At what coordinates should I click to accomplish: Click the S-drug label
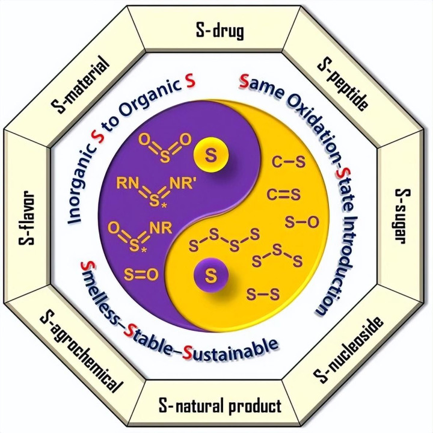pyautogui.click(x=220, y=31)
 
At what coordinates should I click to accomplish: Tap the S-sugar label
pyautogui.click(x=402, y=216)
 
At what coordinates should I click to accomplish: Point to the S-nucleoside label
pyautogui.click(x=348, y=350)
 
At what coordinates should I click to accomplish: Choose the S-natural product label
pyautogui.click(x=220, y=406)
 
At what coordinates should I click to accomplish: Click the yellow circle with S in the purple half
pyautogui.click(x=211, y=156)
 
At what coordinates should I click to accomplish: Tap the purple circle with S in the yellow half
pyautogui.click(x=211, y=275)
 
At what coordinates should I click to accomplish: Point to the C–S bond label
pyautogui.click(x=289, y=162)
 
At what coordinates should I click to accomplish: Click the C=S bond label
pyautogui.click(x=283, y=194)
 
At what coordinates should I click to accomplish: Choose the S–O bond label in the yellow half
pyautogui.click(x=302, y=222)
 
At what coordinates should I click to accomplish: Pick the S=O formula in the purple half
pyautogui.click(x=141, y=275)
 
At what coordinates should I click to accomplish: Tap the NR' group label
pyautogui.click(x=181, y=183)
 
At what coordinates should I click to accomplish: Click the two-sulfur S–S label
pyautogui.click(x=263, y=294)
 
